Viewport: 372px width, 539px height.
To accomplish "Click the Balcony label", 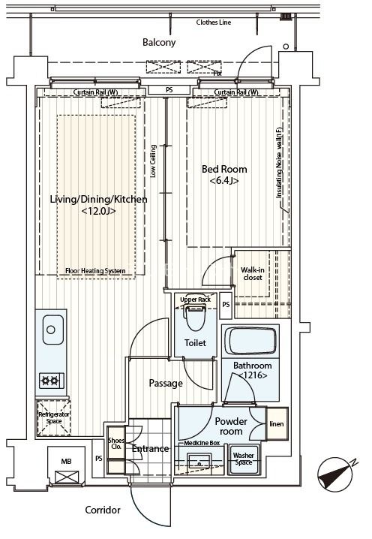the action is click(x=159, y=42).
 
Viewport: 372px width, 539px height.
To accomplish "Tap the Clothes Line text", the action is click(x=213, y=23).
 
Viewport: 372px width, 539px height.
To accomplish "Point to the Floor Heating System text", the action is click(x=95, y=271).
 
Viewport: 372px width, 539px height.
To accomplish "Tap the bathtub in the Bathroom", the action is click(x=250, y=341).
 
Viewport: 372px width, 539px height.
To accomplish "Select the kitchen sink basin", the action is click(x=53, y=330).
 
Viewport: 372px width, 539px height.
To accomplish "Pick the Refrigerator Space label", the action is click(x=54, y=417).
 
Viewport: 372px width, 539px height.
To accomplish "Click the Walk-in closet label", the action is click(x=253, y=273).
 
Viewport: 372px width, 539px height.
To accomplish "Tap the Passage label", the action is click(x=166, y=384).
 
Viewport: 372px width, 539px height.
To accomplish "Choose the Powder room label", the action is click(x=231, y=426).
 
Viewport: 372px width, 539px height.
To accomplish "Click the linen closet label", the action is click(x=277, y=424).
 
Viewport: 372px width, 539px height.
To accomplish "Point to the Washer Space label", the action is click(x=244, y=459).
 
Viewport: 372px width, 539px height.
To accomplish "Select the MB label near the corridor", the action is click(x=66, y=462).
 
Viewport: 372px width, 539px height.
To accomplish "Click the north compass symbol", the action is click(x=336, y=474).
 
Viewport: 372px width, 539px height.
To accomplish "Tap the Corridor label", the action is click(x=103, y=510).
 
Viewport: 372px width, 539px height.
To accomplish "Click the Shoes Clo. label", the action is click(x=116, y=444).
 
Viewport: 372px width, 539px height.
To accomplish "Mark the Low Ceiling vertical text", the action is click(x=153, y=161).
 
